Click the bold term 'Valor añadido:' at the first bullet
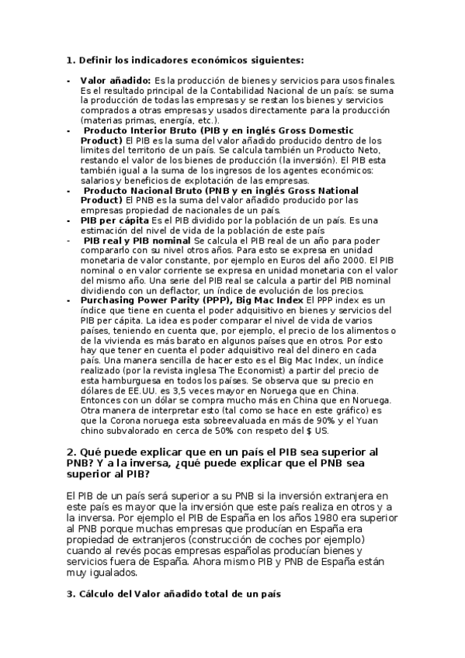tap(115, 80)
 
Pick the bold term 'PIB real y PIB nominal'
tap(137, 241)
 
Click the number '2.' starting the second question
tap(71, 452)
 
